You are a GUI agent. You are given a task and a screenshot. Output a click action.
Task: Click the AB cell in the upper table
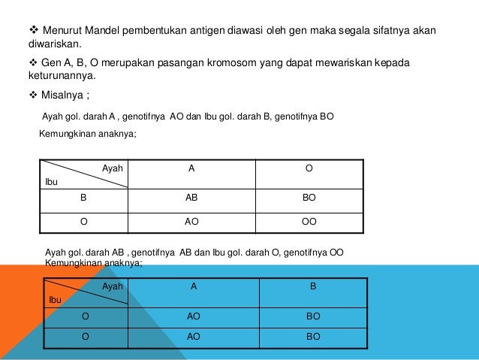[192, 199]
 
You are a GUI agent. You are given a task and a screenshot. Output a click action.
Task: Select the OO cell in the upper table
[309, 222]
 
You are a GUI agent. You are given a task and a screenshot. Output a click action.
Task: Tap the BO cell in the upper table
[309, 199]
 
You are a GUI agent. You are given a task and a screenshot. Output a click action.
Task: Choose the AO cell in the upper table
[192, 222]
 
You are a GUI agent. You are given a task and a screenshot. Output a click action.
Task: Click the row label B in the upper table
[83, 199]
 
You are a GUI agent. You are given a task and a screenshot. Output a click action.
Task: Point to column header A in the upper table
[192, 168]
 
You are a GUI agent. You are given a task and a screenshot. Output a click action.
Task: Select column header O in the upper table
[309, 168]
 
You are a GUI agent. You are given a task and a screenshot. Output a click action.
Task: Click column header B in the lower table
[313, 286]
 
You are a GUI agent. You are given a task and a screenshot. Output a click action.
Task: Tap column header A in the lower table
[194, 286]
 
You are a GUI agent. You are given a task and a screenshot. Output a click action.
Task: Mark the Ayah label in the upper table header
[113, 168]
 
